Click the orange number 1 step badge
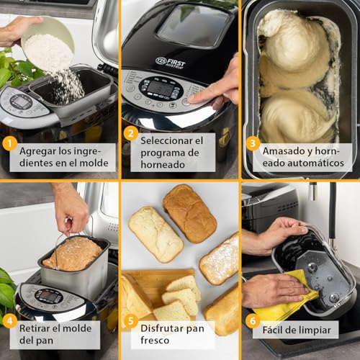pos(9,143)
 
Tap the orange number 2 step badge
pos(130,132)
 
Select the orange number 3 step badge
pos(252,143)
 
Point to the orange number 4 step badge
pos(9,320)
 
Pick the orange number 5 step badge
pos(130,320)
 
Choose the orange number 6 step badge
pos(252,320)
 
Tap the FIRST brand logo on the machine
pos(171,61)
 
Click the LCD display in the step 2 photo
pos(160,88)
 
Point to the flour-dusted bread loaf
pos(220,260)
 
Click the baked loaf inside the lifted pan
pos(72,253)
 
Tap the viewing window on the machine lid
pos(184,25)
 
